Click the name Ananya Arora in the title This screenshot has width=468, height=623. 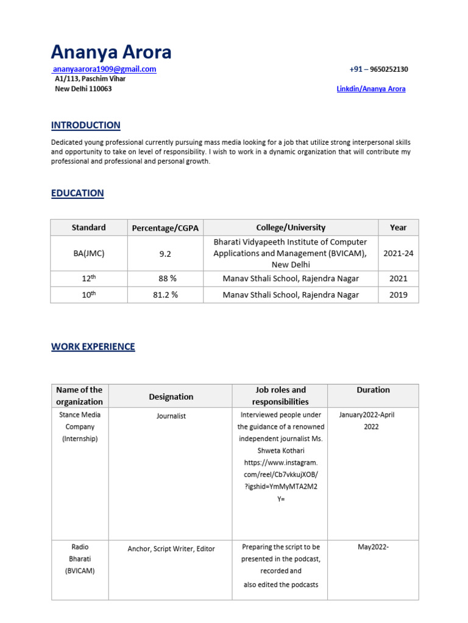tap(111, 52)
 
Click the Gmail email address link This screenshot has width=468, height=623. tap(104, 69)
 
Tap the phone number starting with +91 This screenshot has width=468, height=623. tap(378, 69)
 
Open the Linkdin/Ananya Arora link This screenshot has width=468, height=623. tap(371, 89)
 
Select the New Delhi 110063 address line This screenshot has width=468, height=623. tap(83, 89)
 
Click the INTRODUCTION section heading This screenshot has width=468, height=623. tap(86, 125)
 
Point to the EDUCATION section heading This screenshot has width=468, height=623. tap(77, 193)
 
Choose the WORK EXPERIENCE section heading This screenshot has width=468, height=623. tap(93, 347)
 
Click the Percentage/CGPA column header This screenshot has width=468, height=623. tap(165, 228)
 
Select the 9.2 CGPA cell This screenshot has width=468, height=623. tap(165, 254)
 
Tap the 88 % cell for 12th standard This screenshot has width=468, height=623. tap(165, 279)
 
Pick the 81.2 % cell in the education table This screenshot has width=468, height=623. tap(165, 295)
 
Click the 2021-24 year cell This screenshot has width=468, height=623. tap(398, 254)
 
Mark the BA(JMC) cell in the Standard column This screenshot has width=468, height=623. tap(88, 254)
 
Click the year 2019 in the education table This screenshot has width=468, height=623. tap(398, 295)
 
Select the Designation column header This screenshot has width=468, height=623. tap(171, 397)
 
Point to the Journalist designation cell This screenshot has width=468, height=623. tap(171, 416)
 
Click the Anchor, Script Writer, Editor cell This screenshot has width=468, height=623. tap(171, 549)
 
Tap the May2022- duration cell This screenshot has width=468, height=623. tap(373, 547)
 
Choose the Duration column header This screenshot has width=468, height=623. tap(373, 390)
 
